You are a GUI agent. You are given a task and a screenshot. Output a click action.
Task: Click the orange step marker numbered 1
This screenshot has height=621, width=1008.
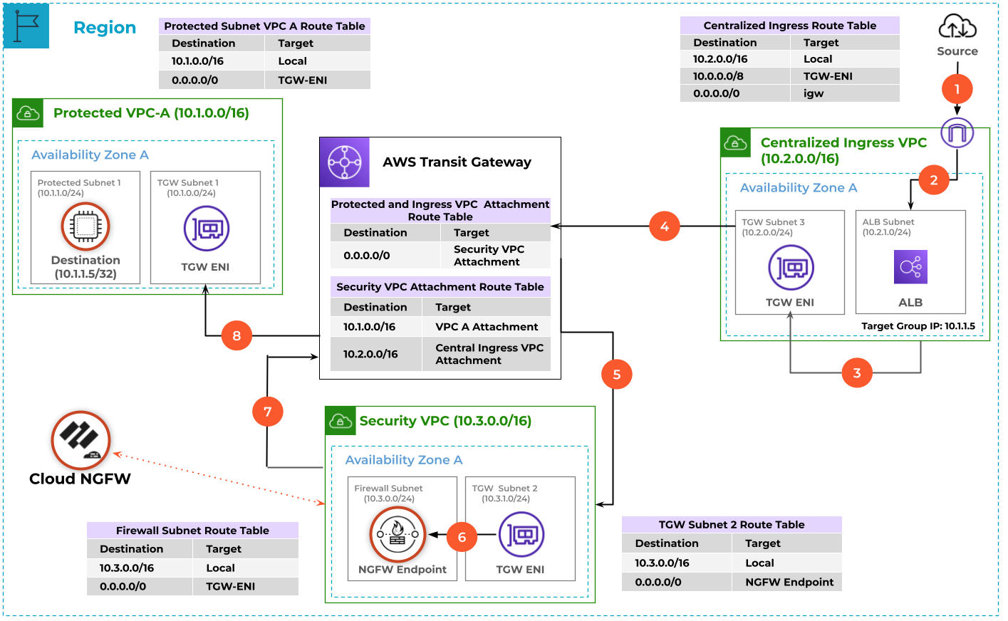pyautogui.click(x=957, y=89)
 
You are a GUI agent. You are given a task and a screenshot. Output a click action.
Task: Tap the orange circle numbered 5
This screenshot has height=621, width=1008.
pyautogui.click(x=616, y=375)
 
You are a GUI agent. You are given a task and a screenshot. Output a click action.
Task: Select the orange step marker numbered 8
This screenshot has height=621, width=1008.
pyautogui.click(x=237, y=335)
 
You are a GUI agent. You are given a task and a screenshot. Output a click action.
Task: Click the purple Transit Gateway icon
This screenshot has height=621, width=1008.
pyautogui.click(x=345, y=162)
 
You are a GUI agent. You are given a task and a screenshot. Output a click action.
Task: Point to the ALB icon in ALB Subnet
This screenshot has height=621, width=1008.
pyautogui.click(x=910, y=268)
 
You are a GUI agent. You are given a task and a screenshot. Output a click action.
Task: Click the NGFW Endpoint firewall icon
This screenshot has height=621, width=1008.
pyautogui.click(x=398, y=534)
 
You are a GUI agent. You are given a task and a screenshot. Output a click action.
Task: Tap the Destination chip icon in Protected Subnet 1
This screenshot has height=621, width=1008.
pyautogui.click(x=85, y=226)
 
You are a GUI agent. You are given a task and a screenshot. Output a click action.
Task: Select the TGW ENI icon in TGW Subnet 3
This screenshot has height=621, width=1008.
pyautogui.click(x=791, y=268)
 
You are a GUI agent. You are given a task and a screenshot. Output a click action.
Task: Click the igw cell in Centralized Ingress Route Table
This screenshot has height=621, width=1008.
pyautogui.click(x=814, y=93)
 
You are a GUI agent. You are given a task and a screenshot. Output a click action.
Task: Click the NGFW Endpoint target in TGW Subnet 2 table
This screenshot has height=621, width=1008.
pyautogui.click(x=789, y=582)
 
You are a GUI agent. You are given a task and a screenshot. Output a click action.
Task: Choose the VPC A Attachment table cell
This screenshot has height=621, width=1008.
pyautogui.click(x=487, y=327)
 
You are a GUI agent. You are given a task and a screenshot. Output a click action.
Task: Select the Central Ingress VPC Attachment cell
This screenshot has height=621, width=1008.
pyautogui.click(x=489, y=354)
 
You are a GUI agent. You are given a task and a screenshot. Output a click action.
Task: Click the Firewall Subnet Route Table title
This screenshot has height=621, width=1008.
pyautogui.click(x=192, y=531)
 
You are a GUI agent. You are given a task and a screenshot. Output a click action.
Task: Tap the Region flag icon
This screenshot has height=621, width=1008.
pyautogui.click(x=26, y=26)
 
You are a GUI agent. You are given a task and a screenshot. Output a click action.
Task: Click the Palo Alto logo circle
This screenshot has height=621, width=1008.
pyautogui.click(x=80, y=440)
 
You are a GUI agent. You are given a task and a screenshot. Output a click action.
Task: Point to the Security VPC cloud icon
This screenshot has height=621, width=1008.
pyautogui.click(x=341, y=421)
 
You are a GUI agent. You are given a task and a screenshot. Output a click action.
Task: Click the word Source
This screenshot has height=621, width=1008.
pyautogui.click(x=957, y=51)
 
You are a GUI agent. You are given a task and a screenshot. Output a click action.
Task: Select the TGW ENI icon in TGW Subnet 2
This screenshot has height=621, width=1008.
pyautogui.click(x=521, y=534)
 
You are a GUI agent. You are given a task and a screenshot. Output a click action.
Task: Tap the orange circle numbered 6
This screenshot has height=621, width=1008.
pyautogui.click(x=462, y=537)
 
